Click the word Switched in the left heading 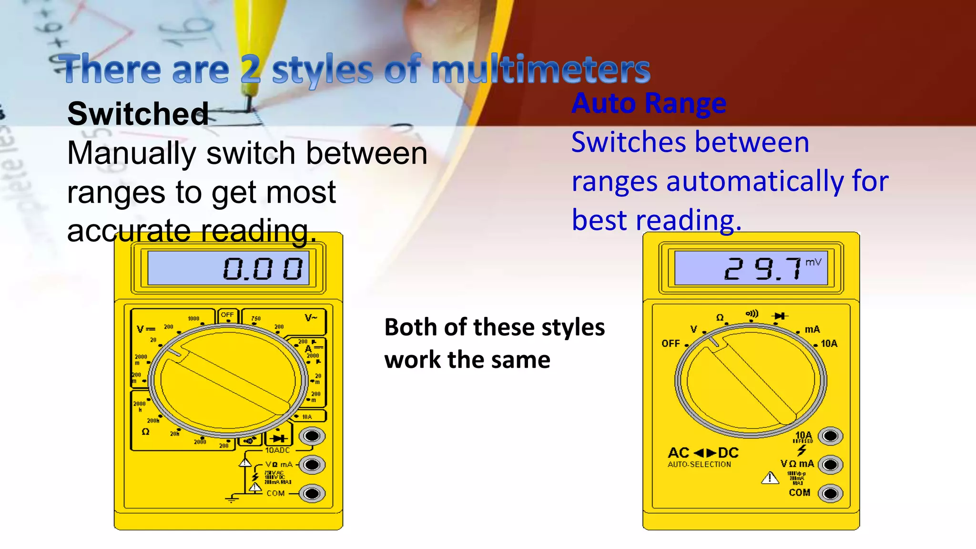(138, 114)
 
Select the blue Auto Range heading (649, 103)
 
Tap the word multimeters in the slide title (540, 70)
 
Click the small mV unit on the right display (813, 262)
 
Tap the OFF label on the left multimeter (227, 315)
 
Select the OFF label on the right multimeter (671, 344)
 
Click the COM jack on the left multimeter (312, 493)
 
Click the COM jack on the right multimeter (830, 493)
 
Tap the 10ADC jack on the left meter (312, 436)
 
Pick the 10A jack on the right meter (830, 436)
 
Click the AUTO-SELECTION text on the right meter (699, 465)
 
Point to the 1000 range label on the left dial (193, 318)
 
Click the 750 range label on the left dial (256, 318)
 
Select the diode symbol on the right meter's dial (780, 316)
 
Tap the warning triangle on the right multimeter (770, 478)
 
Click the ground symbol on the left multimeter (232, 499)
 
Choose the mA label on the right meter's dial (812, 329)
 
